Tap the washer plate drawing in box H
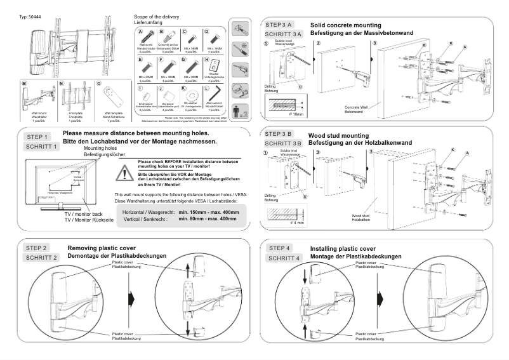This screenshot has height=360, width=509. point(215,65)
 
